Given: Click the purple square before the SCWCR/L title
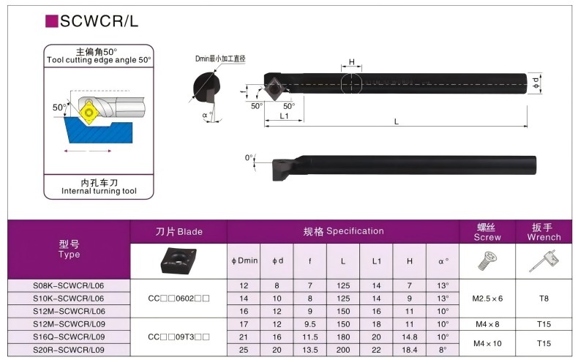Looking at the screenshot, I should [52, 21].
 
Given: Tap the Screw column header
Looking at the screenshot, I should [487, 232].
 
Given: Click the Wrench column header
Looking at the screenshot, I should [544, 232].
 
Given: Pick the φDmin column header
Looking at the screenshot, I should [244, 260].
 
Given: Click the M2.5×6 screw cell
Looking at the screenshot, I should [487, 298].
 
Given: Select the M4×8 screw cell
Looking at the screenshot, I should [487, 324].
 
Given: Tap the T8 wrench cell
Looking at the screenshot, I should [544, 298].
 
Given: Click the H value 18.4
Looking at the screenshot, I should [410, 350].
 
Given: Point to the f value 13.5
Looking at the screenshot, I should [310, 350].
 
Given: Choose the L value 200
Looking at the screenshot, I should [343, 350].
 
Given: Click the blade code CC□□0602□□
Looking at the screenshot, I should [179, 298].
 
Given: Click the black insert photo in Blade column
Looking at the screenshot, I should [179, 260].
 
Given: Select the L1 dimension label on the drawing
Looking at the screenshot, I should [284, 117].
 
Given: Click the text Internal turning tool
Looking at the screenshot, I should [99, 191].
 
